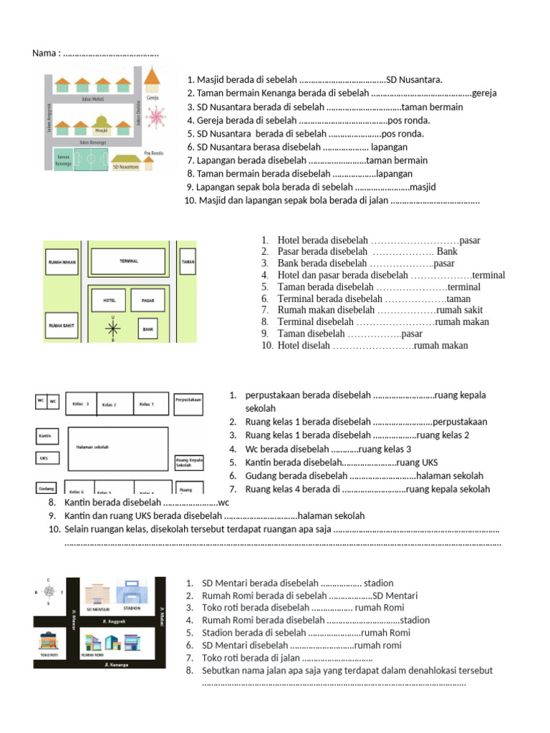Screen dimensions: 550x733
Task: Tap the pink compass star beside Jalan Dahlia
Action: pos(155,116)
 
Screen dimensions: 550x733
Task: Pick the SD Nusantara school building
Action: pos(125,160)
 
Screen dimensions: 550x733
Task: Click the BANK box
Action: pos(148,329)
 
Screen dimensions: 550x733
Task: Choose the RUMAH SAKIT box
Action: pos(62,325)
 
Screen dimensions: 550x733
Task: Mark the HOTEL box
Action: pos(109,300)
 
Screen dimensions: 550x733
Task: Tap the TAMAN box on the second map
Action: pos(188,262)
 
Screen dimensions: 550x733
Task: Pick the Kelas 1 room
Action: pos(150,404)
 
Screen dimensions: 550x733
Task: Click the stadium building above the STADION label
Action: pos(132,593)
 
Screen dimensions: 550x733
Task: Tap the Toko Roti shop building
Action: pos(48,641)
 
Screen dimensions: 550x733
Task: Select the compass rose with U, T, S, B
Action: pos(49,591)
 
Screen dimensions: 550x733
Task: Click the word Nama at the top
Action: pos(44,54)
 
